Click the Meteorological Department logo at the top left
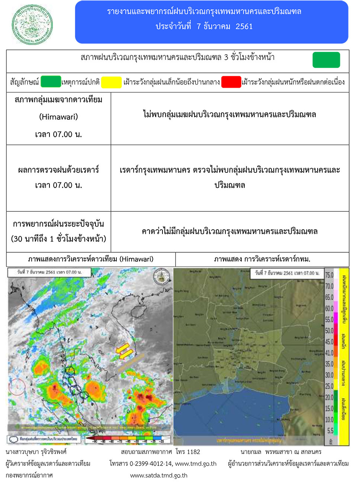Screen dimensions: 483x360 pyautogui.click(x=32, y=24)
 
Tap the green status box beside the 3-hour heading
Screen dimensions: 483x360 pyautogui.click(x=326, y=60)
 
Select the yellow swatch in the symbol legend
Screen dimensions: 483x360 pyautogui.click(x=111, y=82)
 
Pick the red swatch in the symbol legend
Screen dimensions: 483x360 pyautogui.click(x=231, y=82)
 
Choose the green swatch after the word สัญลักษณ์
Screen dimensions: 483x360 pyautogui.click(x=51, y=82)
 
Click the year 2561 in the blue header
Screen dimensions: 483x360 pyautogui.click(x=244, y=26)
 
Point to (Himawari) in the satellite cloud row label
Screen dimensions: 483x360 pyautogui.click(x=58, y=117)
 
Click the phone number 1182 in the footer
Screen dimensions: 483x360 pyautogui.click(x=193, y=452)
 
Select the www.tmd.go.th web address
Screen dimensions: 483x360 pyautogui.click(x=195, y=464)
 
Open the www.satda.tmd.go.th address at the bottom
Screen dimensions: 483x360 pyautogui.click(x=159, y=476)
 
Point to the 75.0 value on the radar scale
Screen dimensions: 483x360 pyautogui.click(x=329, y=275)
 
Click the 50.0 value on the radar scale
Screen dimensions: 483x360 pyautogui.click(x=329, y=331)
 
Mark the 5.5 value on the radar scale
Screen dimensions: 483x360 pyautogui.click(x=330, y=431)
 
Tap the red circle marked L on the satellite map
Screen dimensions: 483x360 pyautogui.click(x=17, y=387)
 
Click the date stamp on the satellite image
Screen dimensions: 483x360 pyautogui.click(x=49, y=272)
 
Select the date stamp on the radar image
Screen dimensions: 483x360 pyautogui.click(x=287, y=273)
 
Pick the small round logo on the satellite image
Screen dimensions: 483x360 pyautogui.click(x=162, y=277)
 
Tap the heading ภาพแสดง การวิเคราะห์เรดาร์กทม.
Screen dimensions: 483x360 pyautogui.click(x=262, y=259)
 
